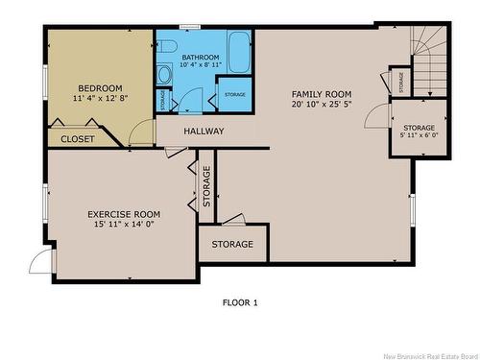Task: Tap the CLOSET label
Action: (78, 139)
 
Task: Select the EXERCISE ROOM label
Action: (124, 214)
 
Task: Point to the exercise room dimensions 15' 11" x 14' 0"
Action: (124, 225)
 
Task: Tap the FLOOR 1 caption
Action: (240, 302)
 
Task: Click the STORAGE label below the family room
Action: (232, 245)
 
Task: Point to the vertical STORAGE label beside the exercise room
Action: (206, 186)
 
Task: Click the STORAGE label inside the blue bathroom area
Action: (235, 95)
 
